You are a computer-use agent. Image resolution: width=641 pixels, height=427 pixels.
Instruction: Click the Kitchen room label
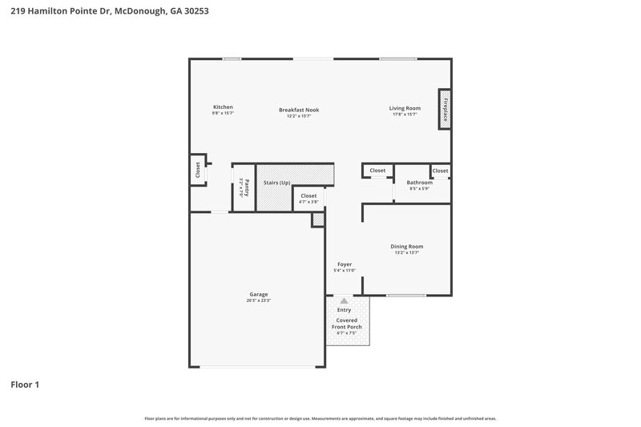(223, 107)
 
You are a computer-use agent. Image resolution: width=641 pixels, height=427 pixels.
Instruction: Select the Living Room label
(405, 108)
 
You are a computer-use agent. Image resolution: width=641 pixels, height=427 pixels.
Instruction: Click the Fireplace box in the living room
(443, 108)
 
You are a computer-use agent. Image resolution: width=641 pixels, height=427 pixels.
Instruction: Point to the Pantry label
(247, 187)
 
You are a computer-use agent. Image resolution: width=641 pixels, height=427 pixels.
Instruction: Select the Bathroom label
(419, 183)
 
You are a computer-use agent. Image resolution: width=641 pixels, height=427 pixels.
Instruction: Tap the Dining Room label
(406, 247)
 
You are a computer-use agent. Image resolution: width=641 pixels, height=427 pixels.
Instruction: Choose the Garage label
(258, 294)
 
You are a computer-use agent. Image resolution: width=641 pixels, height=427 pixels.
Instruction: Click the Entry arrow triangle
(345, 300)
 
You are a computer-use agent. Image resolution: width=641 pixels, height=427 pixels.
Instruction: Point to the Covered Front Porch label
(345, 323)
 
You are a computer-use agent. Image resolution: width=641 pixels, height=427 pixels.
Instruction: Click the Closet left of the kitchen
(197, 170)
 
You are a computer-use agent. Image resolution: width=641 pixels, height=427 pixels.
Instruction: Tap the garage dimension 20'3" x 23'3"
(259, 300)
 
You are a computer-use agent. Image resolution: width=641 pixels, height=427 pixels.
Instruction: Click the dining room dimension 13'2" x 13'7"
(406, 253)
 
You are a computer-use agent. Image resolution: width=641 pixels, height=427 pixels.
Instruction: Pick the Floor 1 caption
(25, 385)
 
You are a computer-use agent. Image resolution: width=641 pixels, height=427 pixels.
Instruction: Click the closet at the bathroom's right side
(440, 171)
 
